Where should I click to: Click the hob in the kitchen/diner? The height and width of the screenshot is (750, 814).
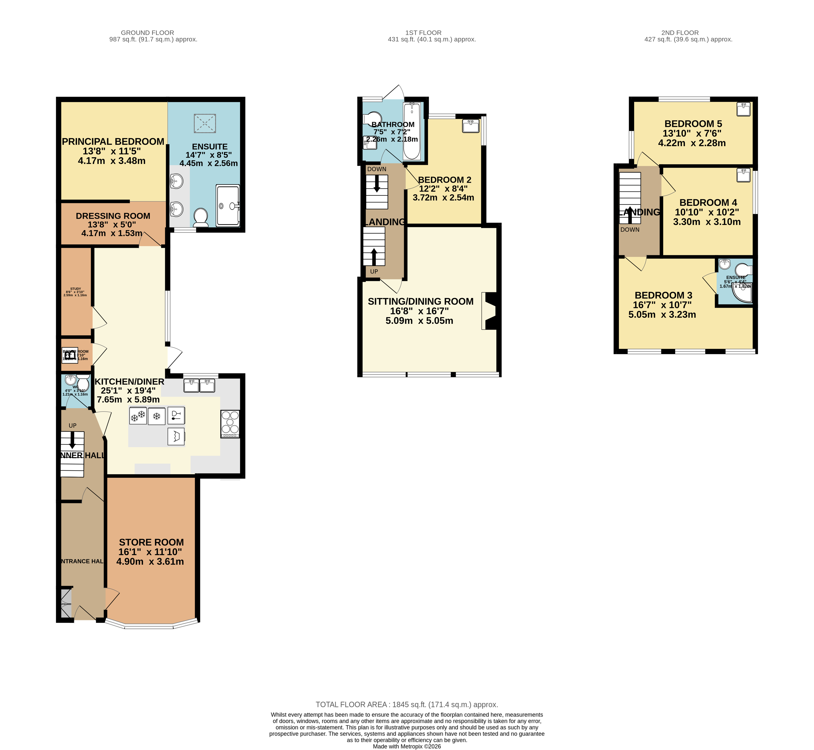[x=230, y=424]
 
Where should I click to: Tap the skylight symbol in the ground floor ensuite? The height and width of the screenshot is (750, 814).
[x=205, y=123]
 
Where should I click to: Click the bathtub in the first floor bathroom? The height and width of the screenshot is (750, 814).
[x=412, y=131]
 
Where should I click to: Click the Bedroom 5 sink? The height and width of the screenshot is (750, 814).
[x=743, y=109]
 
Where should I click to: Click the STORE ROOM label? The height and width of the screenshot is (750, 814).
[x=151, y=542]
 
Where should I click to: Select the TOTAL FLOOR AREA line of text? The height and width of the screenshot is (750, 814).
[x=407, y=705]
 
